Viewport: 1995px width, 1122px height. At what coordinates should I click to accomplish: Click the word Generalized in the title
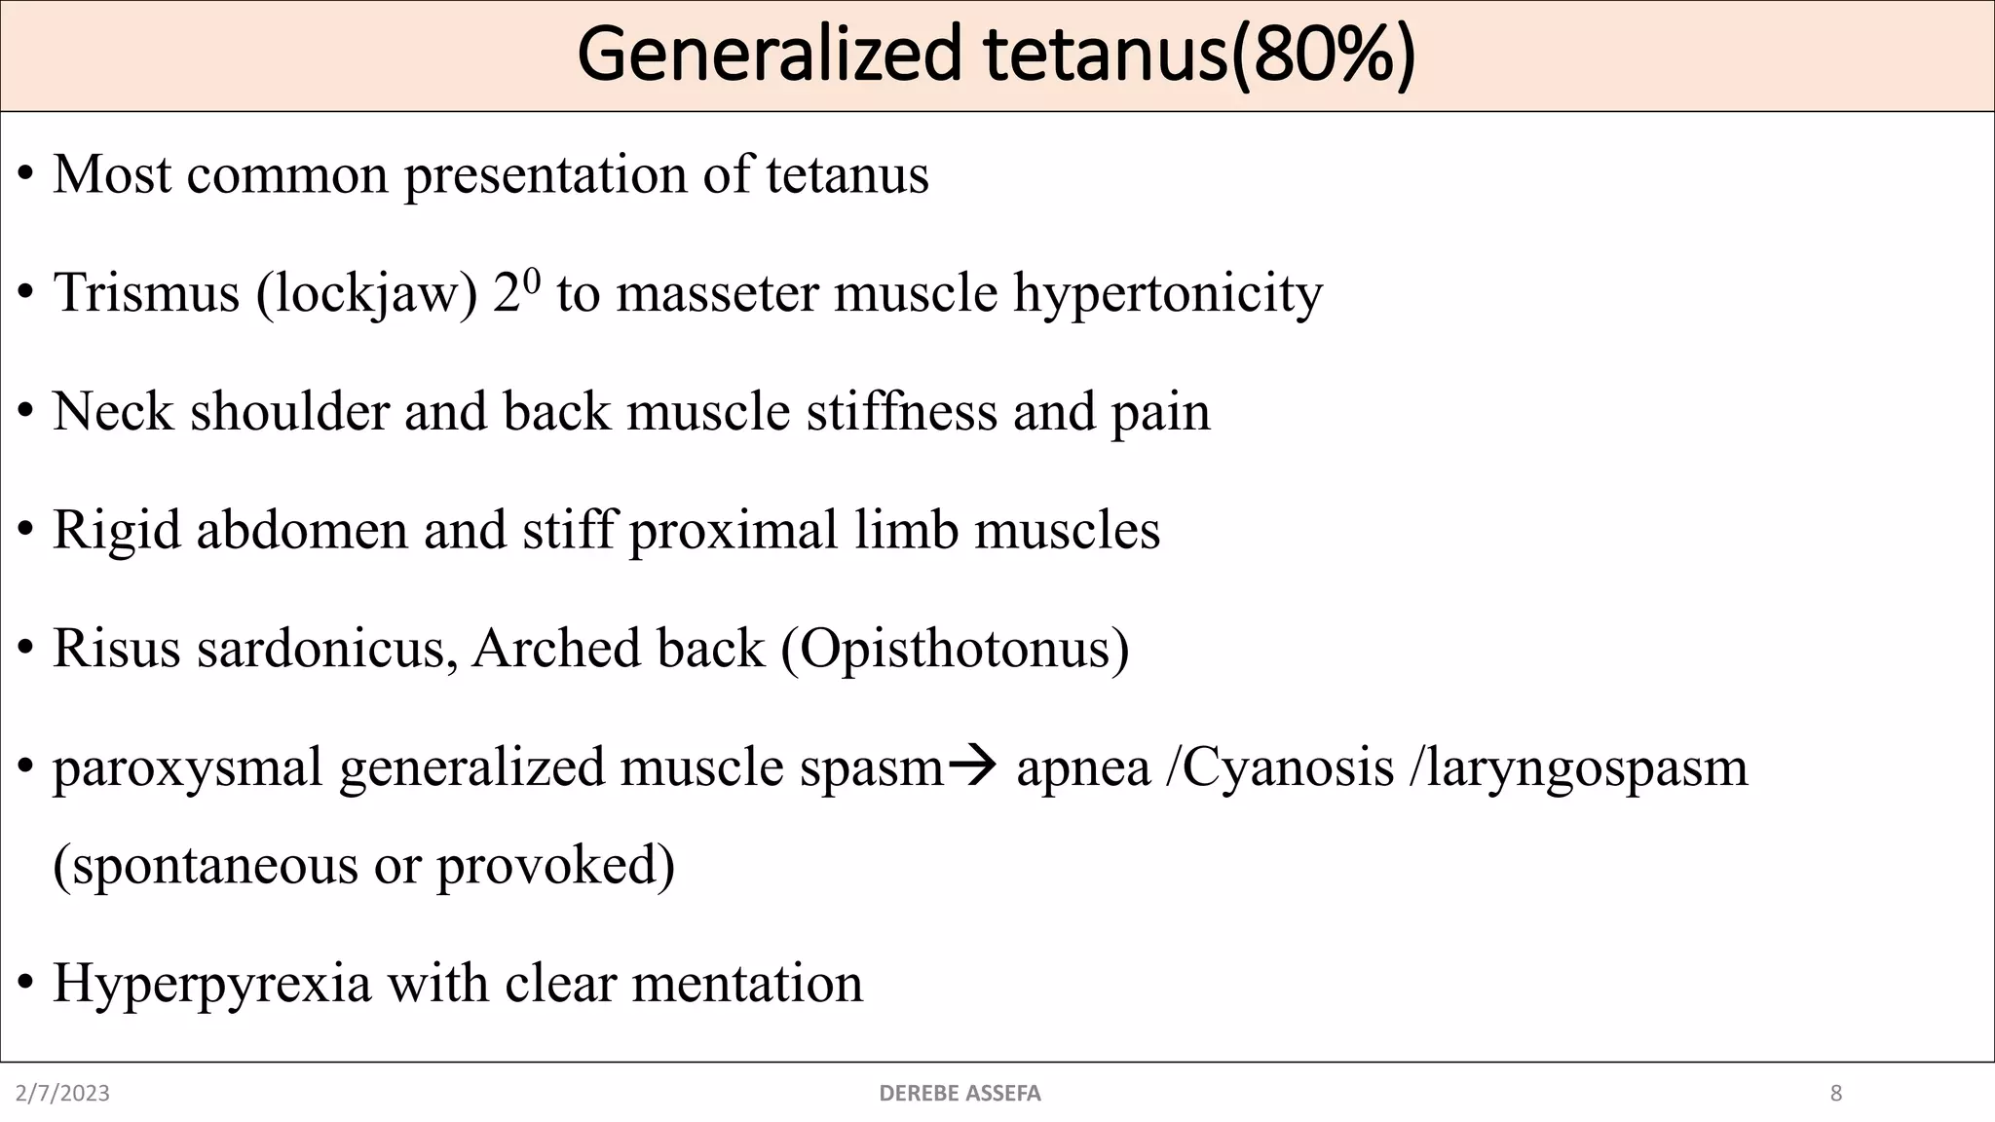pos(771,56)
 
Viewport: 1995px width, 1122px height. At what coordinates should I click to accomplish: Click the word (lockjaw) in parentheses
pos(367,292)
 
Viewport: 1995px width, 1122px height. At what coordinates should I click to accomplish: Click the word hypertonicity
pos(1168,292)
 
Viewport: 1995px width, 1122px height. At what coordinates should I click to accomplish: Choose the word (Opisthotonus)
pos(955,648)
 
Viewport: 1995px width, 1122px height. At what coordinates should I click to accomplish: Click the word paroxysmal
pos(188,767)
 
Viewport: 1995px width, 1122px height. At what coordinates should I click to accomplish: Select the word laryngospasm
pos(1578,767)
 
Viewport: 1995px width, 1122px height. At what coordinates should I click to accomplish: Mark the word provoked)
pos(555,865)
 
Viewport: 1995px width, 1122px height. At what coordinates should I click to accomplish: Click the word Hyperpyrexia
pos(212,983)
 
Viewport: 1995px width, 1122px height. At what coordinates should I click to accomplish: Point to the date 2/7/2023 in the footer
pos(63,1094)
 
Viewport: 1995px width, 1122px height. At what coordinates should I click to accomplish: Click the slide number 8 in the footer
pos(1836,1094)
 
